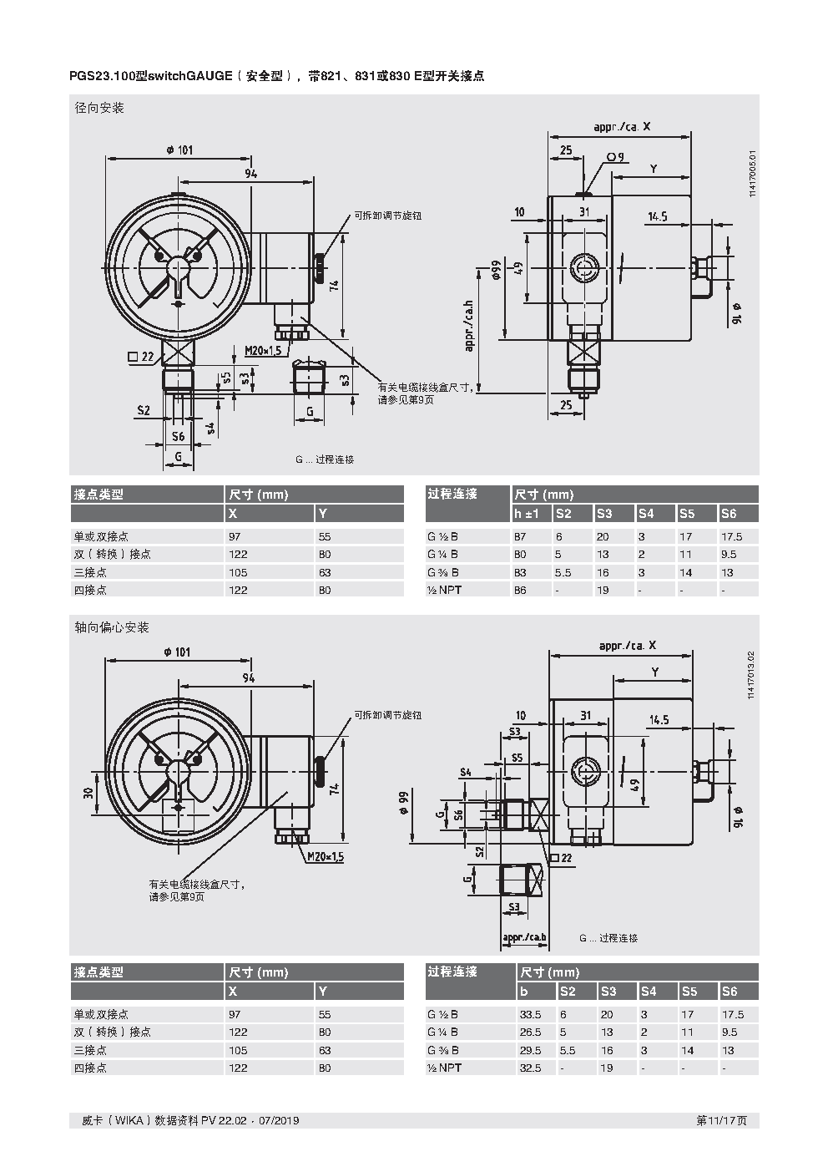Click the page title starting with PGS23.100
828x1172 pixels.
coord(276,76)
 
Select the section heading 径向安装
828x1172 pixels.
coord(99,109)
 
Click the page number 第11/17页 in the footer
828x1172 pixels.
coord(721,1120)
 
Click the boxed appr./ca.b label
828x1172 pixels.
coord(524,937)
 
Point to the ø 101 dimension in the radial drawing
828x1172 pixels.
coord(179,150)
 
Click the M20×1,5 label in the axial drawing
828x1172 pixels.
coord(325,857)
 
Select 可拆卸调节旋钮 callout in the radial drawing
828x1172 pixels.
coord(387,216)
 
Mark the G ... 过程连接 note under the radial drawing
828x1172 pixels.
coord(324,459)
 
